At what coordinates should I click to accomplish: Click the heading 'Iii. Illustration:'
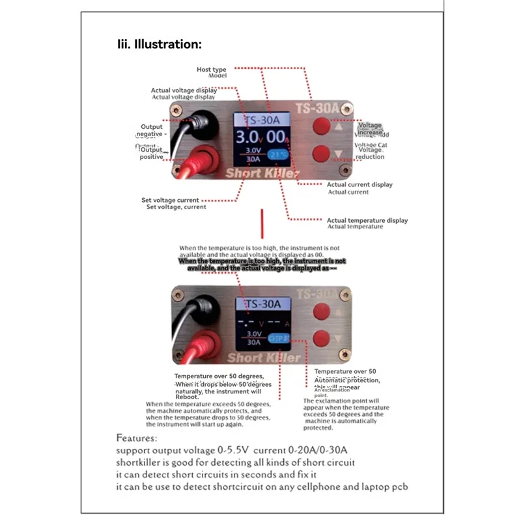pos(159,44)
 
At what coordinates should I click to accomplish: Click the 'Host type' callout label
pos(212,69)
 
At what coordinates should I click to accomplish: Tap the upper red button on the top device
pos(320,126)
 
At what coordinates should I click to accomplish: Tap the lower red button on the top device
pos(320,154)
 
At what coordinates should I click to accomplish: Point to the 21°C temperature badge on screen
pos(278,155)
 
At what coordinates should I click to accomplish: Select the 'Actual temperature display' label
pos(367,220)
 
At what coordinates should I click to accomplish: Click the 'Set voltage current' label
pos(170,200)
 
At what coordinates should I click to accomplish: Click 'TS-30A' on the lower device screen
pos(262,304)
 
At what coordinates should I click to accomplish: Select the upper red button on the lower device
pos(320,311)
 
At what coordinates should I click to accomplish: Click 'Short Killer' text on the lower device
pos(264,358)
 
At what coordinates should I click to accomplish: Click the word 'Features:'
pos(137,438)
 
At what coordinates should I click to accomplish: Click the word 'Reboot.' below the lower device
pos(186,396)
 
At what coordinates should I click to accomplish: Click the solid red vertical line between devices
pos(261,223)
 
